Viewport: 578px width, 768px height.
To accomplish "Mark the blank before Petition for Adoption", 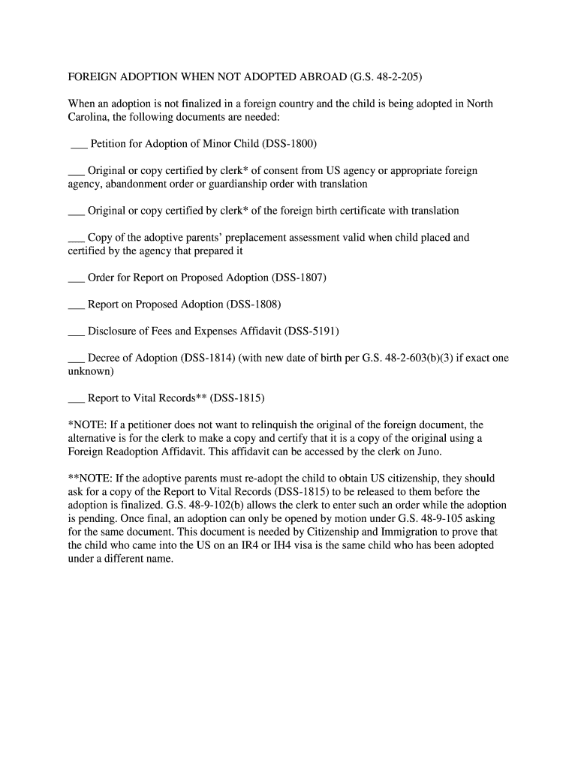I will [78, 144].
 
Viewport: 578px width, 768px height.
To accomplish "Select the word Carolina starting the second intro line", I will [90, 117].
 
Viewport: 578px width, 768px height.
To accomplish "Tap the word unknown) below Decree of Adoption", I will [91, 371].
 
